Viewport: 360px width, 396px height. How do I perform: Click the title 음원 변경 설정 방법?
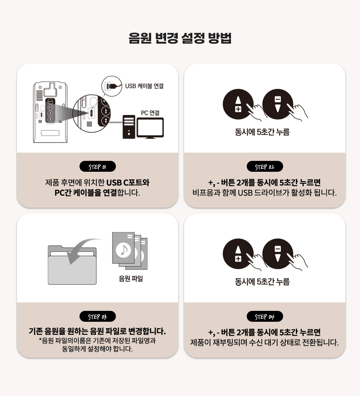pos(180,38)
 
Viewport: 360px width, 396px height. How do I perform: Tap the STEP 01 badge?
pos(97,166)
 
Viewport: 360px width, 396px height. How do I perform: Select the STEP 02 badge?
pos(265,166)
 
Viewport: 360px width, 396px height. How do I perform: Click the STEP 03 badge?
pos(97,316)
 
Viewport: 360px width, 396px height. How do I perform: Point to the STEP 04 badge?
pos(265,316)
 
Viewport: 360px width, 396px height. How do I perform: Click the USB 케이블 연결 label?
pos(144,86)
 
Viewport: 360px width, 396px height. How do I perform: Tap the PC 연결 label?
pos(150,112)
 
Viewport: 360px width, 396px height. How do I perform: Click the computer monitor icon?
pos(150,128)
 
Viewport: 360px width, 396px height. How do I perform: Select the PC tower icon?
pos(129,127)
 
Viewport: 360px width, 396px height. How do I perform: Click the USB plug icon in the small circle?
pos(111,86)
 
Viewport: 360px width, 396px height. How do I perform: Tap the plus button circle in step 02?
pos(238,104)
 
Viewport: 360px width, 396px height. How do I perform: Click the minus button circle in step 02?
pos(277,104)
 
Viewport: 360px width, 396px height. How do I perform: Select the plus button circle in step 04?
pos(238,254)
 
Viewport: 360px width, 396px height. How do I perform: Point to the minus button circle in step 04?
pos(277,254)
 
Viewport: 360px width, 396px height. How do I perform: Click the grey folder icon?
pos(72,265)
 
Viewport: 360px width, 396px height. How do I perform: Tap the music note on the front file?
pos(123,250)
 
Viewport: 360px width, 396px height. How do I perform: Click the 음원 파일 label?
pos(131,279)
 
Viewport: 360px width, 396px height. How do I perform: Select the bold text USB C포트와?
pos(128,182)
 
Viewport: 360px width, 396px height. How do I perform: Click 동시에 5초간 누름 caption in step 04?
pos(262,282)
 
